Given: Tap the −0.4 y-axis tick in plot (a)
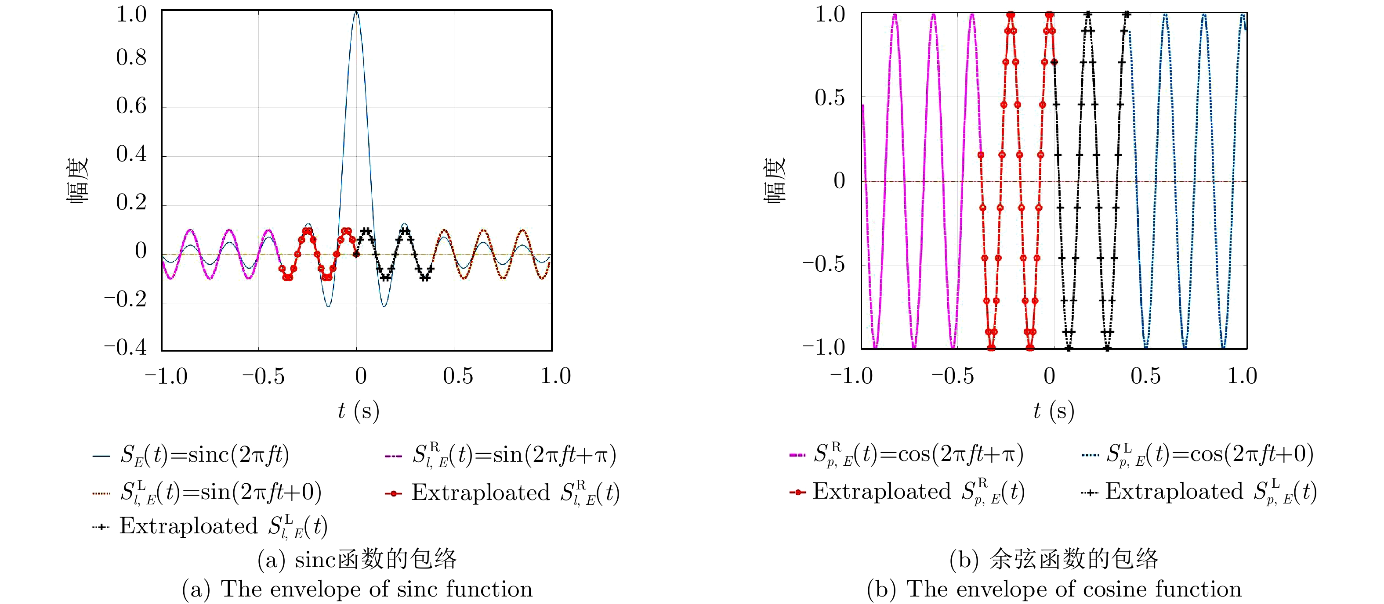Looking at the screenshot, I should (125, 347).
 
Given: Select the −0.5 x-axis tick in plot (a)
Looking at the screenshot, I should (263, 376).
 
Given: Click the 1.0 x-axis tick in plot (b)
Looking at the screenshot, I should (1242, 376).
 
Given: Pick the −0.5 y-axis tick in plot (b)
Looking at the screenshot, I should (824, 264).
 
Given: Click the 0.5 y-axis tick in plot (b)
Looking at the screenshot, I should (830, 98).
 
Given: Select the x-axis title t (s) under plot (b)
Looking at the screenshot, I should (1054, 411).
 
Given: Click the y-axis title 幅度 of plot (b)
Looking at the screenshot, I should (775, 181).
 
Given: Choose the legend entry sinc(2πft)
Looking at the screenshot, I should (204, 455).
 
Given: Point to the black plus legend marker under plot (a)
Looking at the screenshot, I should (101, 527).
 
